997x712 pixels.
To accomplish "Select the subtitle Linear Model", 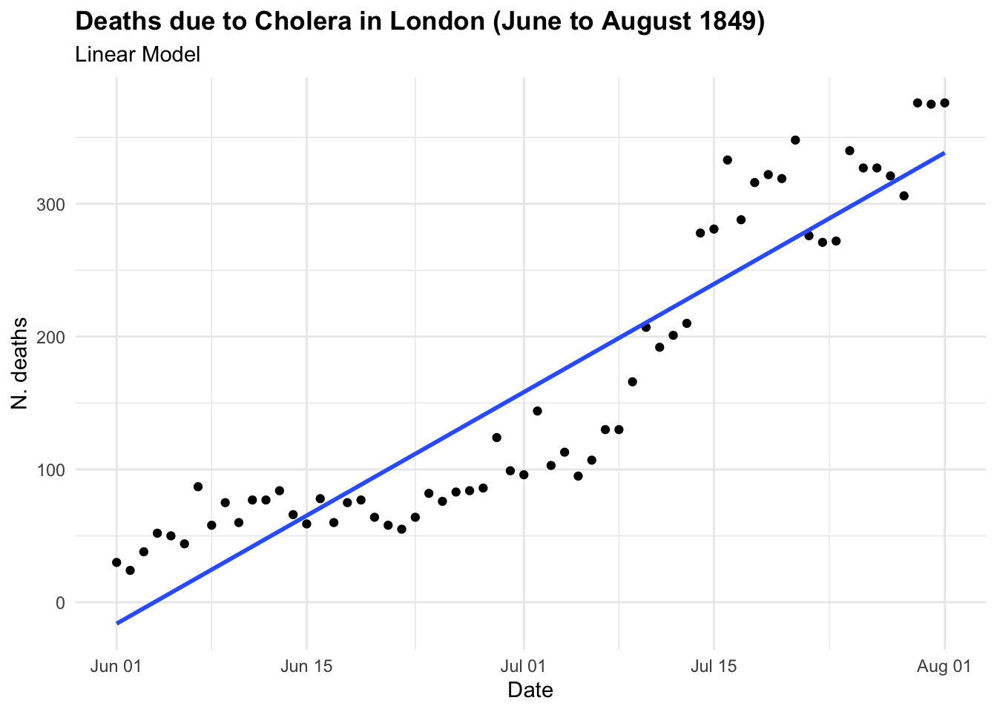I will (138, 55).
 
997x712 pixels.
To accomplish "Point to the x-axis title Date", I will (530, 690).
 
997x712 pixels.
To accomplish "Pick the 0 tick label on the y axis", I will (60, 602).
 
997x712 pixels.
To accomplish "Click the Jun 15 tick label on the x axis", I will (306, 666).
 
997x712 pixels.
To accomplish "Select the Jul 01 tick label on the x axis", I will (524, 666).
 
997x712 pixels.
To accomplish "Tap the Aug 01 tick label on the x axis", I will (944, 666).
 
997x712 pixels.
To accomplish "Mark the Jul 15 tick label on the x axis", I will (714, 666).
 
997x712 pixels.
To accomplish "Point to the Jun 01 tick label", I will (116, 666).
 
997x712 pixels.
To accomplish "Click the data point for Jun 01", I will (116, 562).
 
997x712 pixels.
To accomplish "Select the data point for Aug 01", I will (944, 103).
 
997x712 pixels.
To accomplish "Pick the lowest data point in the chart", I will (130, 570).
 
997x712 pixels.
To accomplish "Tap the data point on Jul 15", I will (714, 229).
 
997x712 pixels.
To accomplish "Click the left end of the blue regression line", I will (117, 623).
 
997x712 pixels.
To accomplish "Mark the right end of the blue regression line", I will (944, 153).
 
